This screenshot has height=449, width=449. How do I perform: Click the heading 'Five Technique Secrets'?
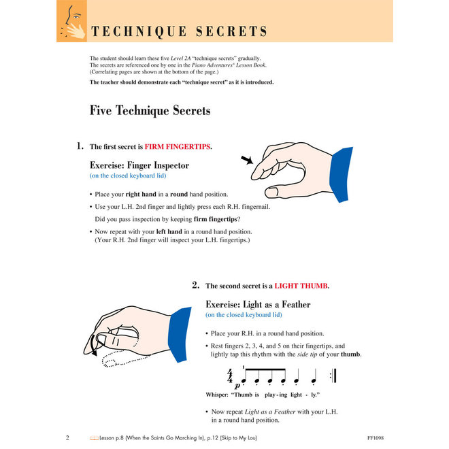point(150,110)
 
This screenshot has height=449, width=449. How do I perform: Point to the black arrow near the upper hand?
point(246,161)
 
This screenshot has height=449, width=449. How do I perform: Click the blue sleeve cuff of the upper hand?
point(340,165)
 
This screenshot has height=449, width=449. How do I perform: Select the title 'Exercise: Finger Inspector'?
point(139,165)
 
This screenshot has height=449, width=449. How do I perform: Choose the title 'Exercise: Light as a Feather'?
point(258,304)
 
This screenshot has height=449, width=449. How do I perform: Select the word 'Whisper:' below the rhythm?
point(220,395)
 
